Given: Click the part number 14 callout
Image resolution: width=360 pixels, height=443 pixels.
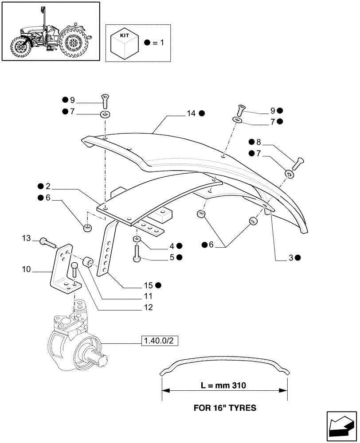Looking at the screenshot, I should point(191,113).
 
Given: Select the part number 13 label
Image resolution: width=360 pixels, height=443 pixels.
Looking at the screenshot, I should point(26,239).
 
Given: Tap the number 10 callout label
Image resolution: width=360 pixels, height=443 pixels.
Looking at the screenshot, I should point(26,269).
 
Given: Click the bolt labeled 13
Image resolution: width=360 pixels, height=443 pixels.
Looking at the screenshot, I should point(47,242).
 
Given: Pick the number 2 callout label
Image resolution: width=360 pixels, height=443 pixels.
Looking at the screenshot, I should point(47,187).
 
